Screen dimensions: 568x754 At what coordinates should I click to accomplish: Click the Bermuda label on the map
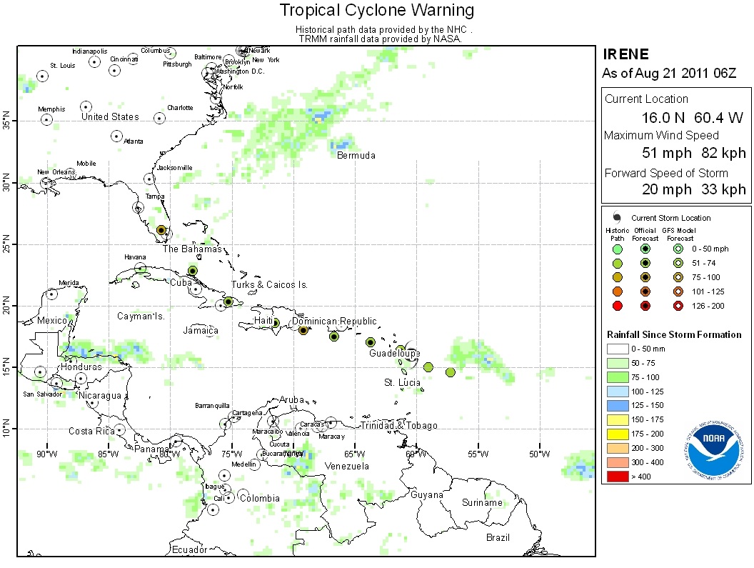click(356, 156)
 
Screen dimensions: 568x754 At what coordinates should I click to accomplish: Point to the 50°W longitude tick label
click(538, 454)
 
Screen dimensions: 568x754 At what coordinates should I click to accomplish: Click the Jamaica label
click(201, 331)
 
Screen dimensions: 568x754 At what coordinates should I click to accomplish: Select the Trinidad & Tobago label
click(398, 426)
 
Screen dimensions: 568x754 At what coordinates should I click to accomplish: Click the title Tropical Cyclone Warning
click(376, 10)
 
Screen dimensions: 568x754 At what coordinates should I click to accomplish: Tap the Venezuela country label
click(346, 467)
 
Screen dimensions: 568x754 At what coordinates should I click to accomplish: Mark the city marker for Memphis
click(46, 119)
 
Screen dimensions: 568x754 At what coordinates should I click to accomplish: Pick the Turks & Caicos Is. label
click(269, 285)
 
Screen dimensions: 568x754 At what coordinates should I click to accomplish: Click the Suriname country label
click(482, 503)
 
